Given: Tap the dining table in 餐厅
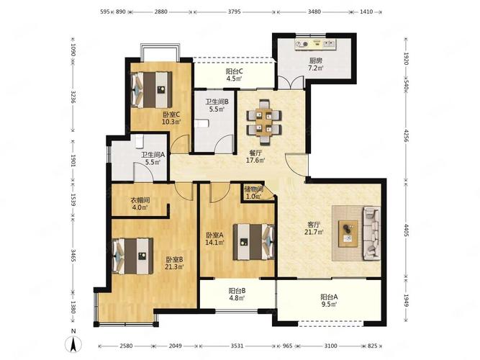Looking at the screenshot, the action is pyautogui.click(x=264, y=122).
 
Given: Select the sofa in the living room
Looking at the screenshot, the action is pyautogui.click(x=371, y=233).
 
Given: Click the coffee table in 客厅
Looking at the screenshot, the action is pyautogui.click(x=348, y=233).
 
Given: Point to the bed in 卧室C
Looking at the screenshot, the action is pyautogui.click(x=151, y=89).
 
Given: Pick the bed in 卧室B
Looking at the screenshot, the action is pyautogui.click(x=133, y=256).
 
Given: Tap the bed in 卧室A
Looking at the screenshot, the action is pyautogui.click(x=253, y=242).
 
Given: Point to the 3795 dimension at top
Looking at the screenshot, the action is pyautogui.click(x=234, y=12).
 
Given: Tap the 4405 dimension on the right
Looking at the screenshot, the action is pyautogui.click(x=406, y=230).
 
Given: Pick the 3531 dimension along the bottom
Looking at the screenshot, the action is pyautogui.click(x=237, y=346).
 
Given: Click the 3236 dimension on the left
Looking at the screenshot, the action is pyautogui.click(x=73, y=96).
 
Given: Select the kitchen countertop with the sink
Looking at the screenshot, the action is pyautogui.click(x=315, y=44).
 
